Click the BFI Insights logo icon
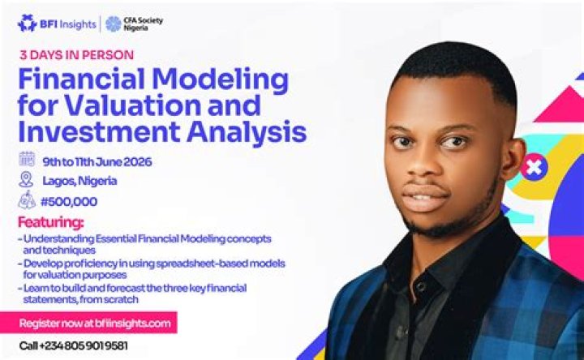coord(28,24)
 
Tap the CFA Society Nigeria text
coord(144,24)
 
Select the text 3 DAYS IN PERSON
coord(77,55)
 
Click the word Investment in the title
coord(100,131)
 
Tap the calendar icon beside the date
coord(27,160)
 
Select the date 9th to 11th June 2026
coord(97,162)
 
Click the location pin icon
coord(26,179)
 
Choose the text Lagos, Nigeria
coord(79,181)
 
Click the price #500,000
coord(69,202)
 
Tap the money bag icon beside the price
coord(28,200)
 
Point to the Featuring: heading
coord(51,222)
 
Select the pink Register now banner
coord(88,323)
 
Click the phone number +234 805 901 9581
coord(84,346)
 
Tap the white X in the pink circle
coord(534,167)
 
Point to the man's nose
coord(421,164)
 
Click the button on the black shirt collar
coord(421,286)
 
